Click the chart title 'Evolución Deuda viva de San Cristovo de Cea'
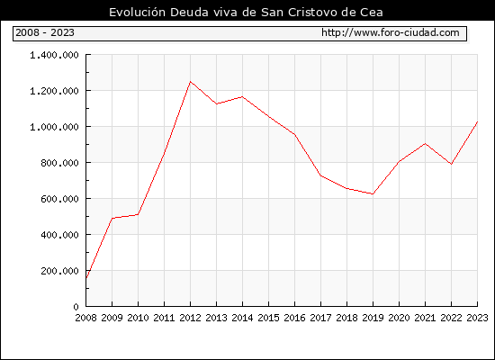click(246, 13)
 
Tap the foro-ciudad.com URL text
click(391, 32)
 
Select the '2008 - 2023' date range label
click(45, 32)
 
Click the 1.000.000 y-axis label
click(54, 127)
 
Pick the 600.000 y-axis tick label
click(59, 199)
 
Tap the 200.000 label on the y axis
click(59, 271)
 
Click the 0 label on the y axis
click(76, 307)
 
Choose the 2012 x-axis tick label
click(190, 318)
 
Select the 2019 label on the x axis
click(373, 318)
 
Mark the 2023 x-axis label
click(477, 318)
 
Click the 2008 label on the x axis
click(85, 318)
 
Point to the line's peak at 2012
click(190, 82)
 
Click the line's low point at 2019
click(373, 193)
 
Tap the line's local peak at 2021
click(425, 144)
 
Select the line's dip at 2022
click(452, 164)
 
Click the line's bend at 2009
click(112, 218)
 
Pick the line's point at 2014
click(242, 96)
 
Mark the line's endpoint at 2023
click(477, 121)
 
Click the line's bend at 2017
click(320, 175)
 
